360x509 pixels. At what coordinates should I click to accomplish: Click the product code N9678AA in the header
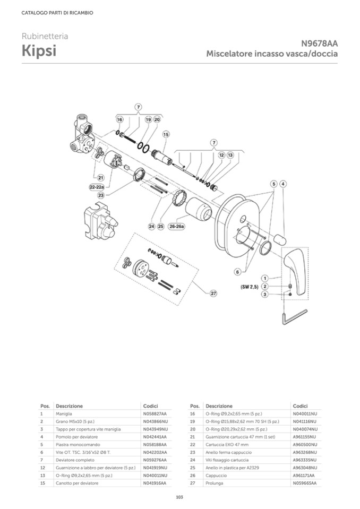tap(319, 44)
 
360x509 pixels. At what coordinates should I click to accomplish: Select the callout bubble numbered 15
tap(166, 135)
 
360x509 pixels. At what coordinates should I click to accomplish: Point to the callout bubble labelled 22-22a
tap(96, 187)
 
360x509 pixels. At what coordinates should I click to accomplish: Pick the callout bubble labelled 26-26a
tap(177, 227)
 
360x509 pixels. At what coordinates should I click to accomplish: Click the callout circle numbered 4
tap(284, 184)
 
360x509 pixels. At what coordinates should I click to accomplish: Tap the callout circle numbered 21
tap(100, 177)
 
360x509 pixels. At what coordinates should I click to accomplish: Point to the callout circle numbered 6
tap(237, 272)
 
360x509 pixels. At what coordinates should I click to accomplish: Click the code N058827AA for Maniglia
tap(155, 413)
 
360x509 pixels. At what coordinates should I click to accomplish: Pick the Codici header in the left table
tap(150, 406)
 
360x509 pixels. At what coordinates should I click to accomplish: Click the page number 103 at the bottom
tap(179, 497)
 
